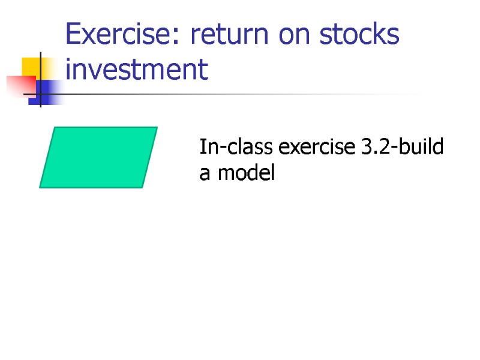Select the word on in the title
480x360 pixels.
(x=292, y=36)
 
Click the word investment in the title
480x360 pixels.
(x=137, y=70)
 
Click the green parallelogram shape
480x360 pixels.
(x=98, y=157)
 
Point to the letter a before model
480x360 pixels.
(x=205, y=175)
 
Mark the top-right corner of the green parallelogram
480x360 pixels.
(x=156, y=128)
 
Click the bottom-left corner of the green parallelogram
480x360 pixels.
(x=41, y=187)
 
